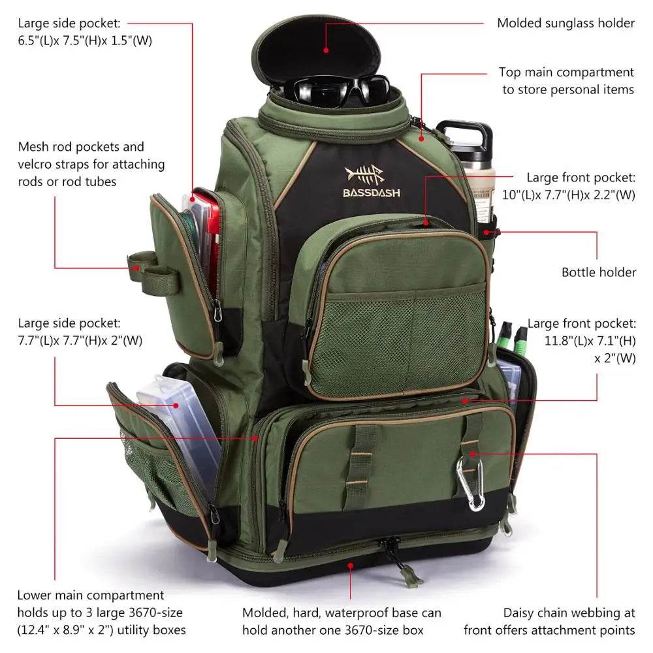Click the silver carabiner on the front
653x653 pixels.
tap(471, 484)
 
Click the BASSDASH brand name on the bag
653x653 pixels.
tap(372, 193)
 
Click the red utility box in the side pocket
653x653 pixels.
tap(208, 235)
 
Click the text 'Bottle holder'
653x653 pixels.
tap(598, 272)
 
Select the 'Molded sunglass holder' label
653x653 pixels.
tap(565, 24)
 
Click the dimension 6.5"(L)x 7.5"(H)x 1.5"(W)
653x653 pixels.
tap(86, 40)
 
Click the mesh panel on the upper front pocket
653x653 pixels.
tap(398, 339)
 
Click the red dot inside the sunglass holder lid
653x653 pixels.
tap(325, 47)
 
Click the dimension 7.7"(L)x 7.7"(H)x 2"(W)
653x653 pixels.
tap(80, 340)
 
